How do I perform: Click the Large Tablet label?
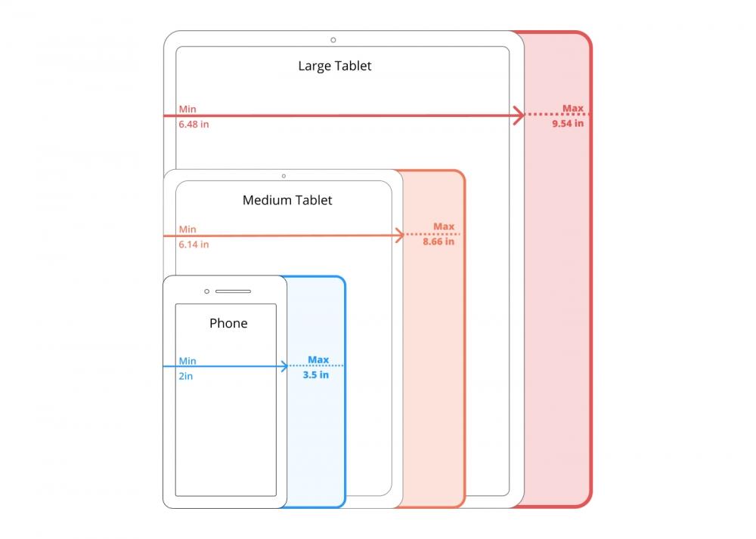coord(334,66)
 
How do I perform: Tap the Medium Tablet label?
coord(287,200)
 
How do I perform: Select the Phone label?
coord(228,323)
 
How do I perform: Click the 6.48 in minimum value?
coord(194,124)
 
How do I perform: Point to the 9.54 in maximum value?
coord(568,123)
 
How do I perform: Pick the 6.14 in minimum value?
coord(194,244)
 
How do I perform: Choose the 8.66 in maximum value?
coord(438,242)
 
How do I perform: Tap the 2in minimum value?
coord(186,375)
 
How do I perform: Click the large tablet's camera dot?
coord(333,40)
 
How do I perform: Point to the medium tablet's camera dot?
coord(283,176)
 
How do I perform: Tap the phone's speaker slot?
coord(233,291)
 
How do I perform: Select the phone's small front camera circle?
coord(206,291)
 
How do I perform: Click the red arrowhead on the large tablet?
coord(519,115)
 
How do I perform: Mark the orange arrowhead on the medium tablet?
coord(399,236)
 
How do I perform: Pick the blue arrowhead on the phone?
coord(283,366)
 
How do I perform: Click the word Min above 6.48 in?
coord(187,109)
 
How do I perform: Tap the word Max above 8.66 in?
coord(444,226)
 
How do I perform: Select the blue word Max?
coord(318,359)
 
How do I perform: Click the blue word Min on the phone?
coord(187,361)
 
